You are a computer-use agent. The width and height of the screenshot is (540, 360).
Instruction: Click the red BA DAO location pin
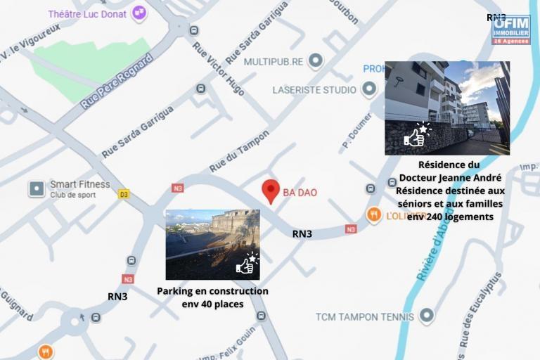click(271, 191)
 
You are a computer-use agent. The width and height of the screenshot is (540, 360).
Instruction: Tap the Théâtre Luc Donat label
click(87, 13)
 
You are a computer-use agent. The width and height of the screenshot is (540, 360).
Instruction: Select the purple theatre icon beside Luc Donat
click(139, 12)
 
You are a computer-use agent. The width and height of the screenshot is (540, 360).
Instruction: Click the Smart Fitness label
click(79, 185)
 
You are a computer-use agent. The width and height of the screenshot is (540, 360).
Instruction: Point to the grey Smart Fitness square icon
click(36, 188)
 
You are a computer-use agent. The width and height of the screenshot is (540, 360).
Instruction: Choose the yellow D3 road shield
click(124, 194)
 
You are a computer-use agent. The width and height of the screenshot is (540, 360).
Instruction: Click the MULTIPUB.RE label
click(274, 62)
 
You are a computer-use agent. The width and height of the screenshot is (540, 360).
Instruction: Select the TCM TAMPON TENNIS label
click(365, 316)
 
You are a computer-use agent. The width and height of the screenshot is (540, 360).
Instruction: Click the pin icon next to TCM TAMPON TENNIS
click(426, 316)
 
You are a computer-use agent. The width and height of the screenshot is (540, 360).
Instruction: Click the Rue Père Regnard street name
click(116, 82)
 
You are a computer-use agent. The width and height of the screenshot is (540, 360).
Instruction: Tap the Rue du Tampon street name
click(239, 151)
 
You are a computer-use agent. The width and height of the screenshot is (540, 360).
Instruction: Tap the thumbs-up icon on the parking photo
click(246, 264)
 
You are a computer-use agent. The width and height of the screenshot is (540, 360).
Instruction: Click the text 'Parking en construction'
click(212, 291)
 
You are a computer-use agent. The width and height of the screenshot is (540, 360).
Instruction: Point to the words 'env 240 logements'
click(450, 217)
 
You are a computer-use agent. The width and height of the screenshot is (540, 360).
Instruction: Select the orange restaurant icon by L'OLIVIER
click(374, 214)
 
